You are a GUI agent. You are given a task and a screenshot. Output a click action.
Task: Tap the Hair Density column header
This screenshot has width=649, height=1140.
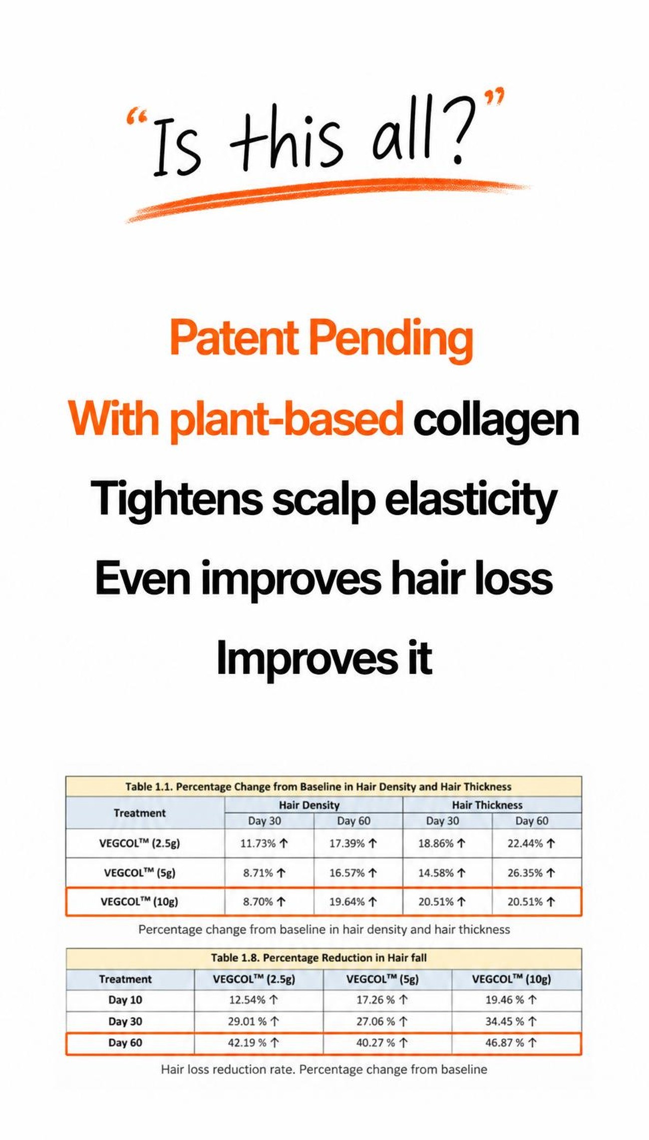tap(309, 804)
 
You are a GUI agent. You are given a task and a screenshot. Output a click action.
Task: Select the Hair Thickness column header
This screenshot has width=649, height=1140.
tap(487, 804)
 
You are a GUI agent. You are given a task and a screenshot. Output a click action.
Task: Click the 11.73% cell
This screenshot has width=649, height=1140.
tap(264, 843)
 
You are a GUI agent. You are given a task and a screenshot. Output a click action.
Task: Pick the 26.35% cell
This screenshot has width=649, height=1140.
tap(531, 873)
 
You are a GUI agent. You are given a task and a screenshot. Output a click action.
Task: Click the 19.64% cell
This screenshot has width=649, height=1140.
tap(353, 902)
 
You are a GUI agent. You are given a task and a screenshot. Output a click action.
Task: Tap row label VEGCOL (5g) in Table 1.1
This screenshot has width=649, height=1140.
tap(140, 873)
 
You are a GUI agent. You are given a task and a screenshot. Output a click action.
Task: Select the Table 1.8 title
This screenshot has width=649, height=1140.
tap(319, 958)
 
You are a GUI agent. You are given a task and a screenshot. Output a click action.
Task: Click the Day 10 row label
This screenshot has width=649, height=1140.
tap(125, 1000)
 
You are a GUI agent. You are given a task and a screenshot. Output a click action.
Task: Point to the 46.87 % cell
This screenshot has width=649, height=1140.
tap(511, 1043)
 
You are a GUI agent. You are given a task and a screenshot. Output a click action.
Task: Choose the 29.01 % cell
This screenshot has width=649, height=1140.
tap(254, 1021)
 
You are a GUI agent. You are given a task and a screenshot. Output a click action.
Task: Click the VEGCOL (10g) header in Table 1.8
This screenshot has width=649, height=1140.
tap(512, 979)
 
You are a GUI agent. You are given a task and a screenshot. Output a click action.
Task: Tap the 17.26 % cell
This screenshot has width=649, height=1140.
tap(382, 1000)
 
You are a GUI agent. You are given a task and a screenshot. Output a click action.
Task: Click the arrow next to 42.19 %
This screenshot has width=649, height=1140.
tap(274, 1043)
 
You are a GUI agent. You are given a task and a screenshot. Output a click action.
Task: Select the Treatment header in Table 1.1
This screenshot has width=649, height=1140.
tap(140, 813)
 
